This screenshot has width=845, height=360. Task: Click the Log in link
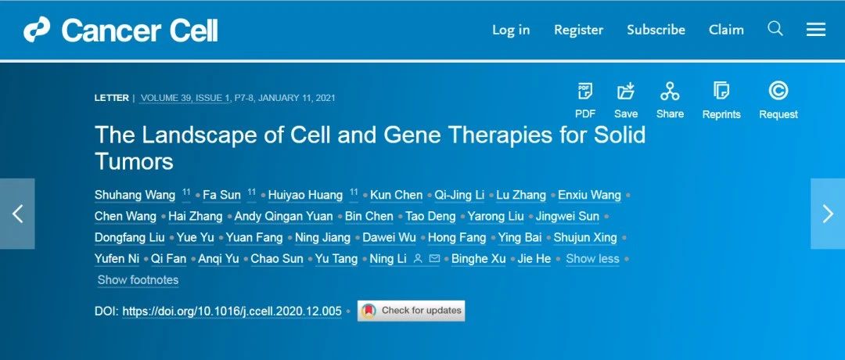click(510, 30)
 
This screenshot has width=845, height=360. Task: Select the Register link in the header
click(578, 30)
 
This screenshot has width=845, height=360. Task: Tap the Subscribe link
click(656, 30)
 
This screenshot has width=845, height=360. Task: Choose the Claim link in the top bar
click(726, 30)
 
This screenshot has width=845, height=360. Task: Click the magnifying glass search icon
click(775, 28)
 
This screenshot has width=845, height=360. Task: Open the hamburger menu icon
click(816, 30)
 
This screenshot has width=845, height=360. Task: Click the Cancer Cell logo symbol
click(37, 29)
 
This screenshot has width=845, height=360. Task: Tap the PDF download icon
click(584, 91)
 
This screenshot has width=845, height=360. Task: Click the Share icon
click(670, 91)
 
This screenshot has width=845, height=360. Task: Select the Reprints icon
click(721, 91)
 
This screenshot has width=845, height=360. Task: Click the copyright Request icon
click(778, 91)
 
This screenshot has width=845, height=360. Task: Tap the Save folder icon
click(626, 91)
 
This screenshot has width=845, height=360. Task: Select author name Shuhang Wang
click(135, 195)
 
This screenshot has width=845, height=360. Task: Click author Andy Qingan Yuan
click(283, 217)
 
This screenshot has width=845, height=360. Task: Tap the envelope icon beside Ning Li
click(434, 259)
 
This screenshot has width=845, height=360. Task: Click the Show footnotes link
click(138, 280)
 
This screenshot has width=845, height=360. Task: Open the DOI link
click(232, 311)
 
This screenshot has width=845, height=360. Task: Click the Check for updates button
click(411, 311)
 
